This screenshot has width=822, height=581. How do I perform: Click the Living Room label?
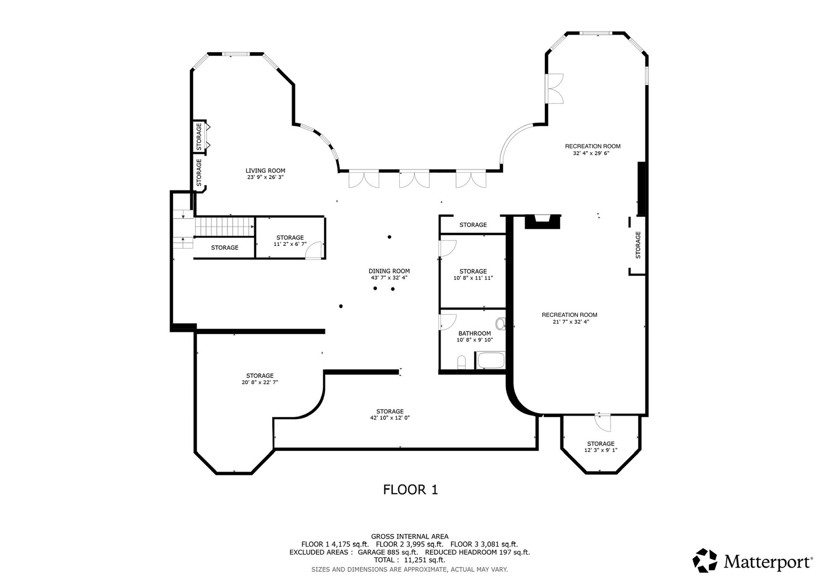pos(265,171)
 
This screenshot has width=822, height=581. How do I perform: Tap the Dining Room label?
pos(389,271)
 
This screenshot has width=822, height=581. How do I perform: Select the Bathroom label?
pos(474,333)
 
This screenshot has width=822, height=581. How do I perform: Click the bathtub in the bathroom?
pos(490,360)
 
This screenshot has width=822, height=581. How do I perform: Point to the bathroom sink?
pos(500,324)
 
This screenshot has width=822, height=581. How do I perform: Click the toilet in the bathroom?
pos(462,362)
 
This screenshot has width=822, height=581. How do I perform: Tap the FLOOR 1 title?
pos(410,490)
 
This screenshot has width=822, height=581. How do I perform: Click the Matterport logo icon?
pos(704,561)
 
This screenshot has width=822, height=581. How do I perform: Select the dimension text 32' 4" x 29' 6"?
pos(591,153)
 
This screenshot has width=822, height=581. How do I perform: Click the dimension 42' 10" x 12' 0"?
pos(389,417)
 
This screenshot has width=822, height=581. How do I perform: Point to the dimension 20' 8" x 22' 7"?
pos(260,382)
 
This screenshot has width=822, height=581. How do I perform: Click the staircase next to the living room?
pos(224,227)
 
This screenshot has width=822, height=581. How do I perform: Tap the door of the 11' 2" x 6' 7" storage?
pos(314,250)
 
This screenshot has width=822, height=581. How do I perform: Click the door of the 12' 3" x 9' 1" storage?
pos(603,423)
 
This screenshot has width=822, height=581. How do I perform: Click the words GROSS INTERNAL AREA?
pos(409,536)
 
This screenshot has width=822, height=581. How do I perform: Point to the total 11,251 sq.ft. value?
pos(424,560)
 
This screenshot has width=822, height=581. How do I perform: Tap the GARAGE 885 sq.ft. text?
pos(388,552)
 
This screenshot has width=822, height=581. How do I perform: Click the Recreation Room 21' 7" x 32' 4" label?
pos(569,318)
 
